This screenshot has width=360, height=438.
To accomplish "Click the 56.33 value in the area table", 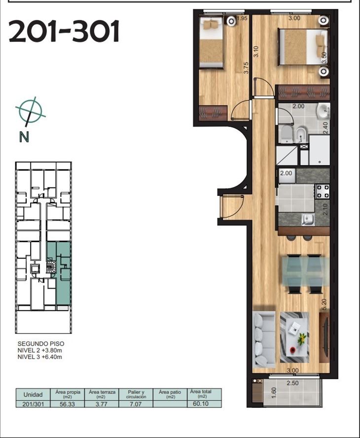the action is tap(67, 404).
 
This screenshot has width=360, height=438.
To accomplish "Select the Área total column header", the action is tap(201, 394).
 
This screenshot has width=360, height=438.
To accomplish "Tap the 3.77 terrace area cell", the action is tap(102, 404).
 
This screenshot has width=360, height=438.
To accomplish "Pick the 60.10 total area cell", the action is tap(201, 403).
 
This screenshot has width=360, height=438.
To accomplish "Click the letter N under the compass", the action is tap(24, 137).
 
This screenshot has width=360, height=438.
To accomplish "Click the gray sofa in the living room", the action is tap(264, 340).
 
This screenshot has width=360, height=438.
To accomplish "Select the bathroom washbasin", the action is tap(324, 111).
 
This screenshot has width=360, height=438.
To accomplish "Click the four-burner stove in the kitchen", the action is tap(323, 191).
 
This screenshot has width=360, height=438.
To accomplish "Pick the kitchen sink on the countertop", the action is tap(308, 219).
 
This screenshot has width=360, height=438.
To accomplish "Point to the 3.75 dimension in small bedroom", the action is tap(246, 68).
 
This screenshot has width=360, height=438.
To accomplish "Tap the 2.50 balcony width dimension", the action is tap(293, 383).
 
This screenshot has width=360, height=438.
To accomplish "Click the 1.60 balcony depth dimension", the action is tap(274, 393).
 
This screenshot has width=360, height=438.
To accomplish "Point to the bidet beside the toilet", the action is tap(300, 134).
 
